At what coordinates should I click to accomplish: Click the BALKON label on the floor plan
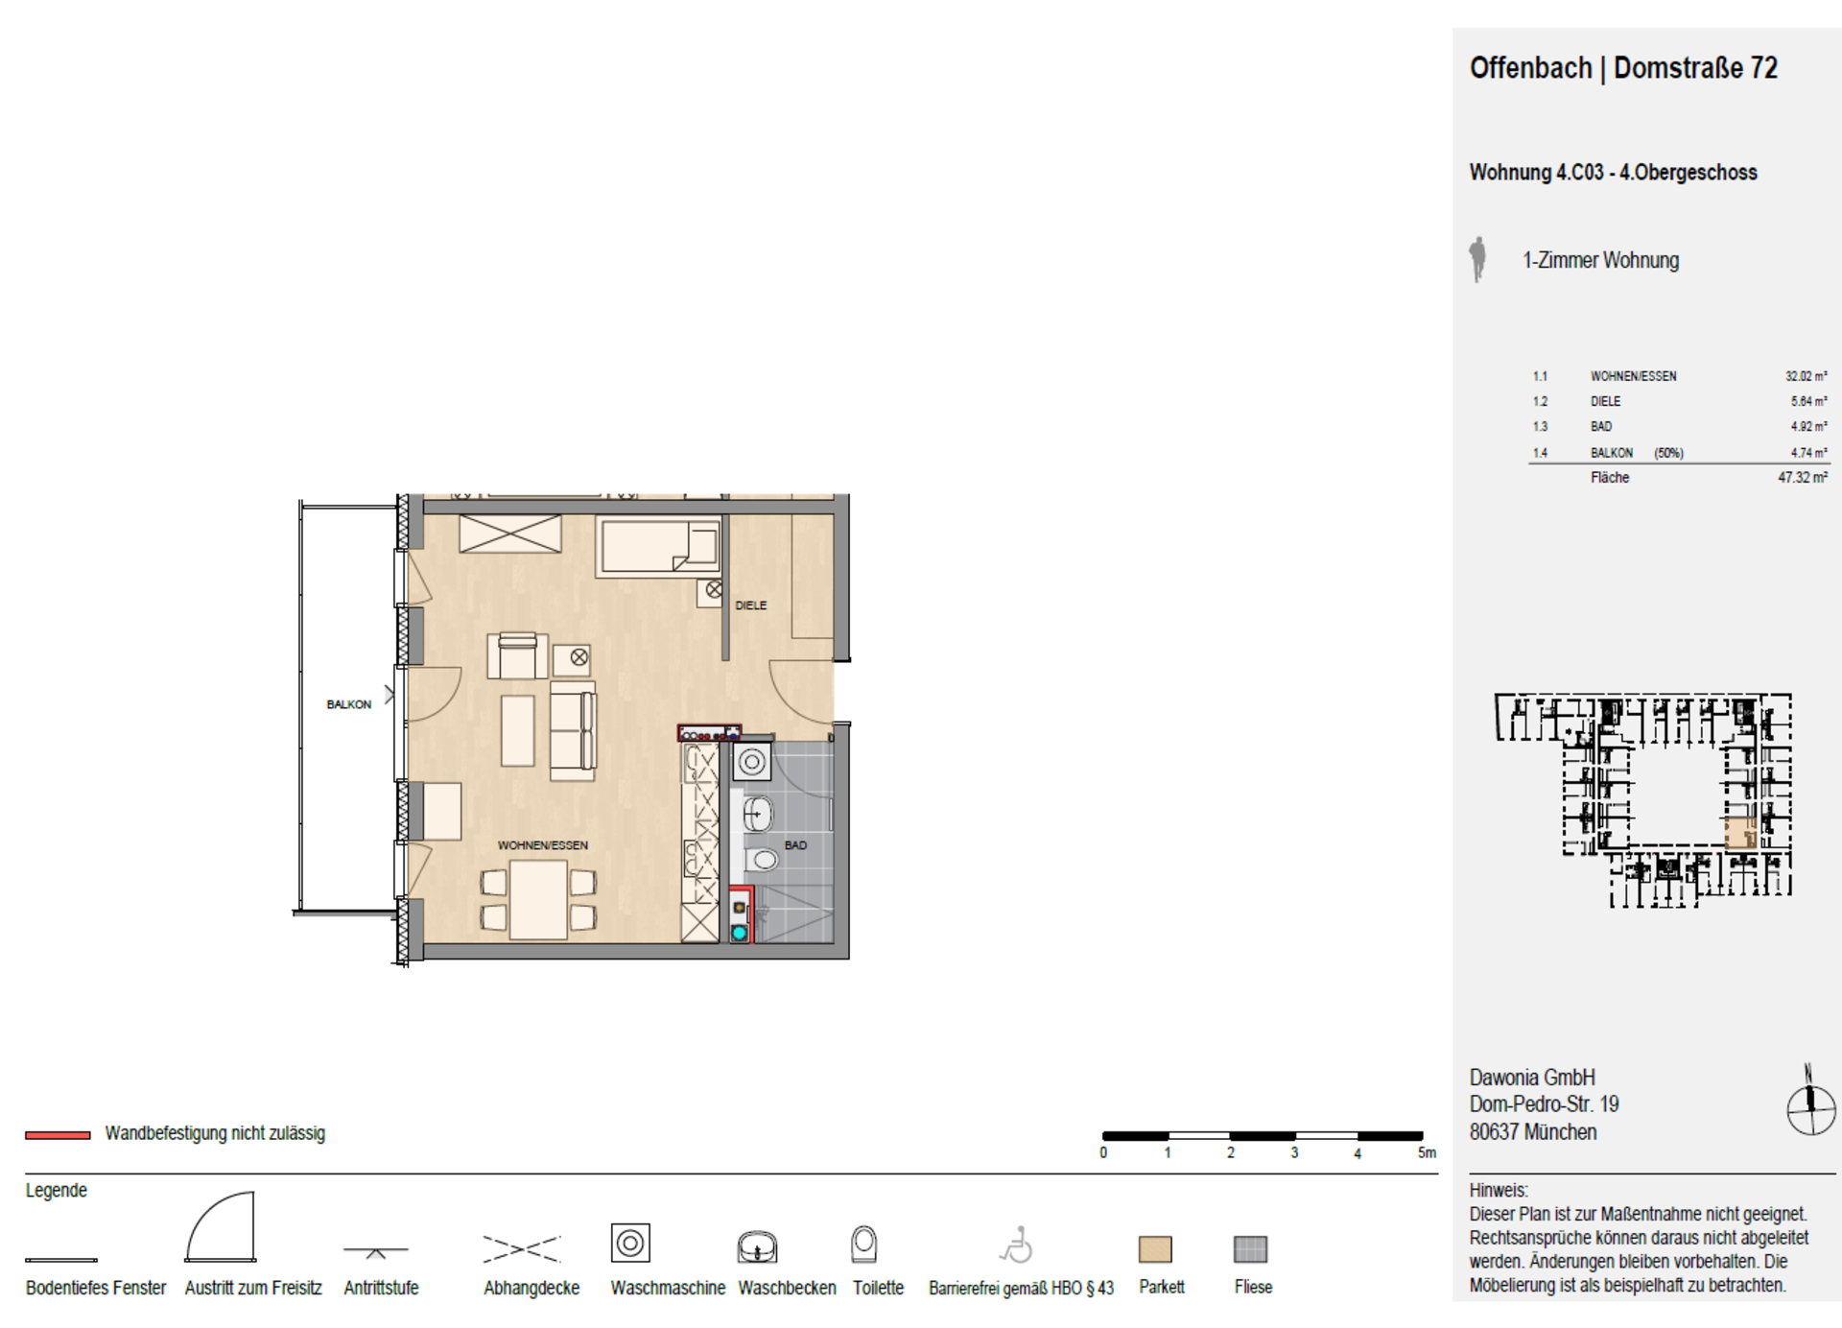point(348,704)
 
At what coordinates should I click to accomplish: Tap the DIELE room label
point(751,605)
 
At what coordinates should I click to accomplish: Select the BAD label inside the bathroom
point(795,845)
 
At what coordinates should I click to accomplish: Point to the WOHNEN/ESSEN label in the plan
point(543,845)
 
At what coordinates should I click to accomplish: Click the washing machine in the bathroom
point(752,763)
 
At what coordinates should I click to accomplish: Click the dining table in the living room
point(538,900)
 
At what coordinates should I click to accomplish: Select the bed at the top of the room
point(658,547)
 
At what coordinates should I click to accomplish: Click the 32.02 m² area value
point(1806,376)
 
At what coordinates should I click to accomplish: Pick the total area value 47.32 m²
point(1803,477)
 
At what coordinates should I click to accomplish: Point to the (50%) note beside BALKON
point(1668,453)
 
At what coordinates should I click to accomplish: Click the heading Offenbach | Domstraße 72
point(1623,68)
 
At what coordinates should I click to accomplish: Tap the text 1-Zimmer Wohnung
point(1600,260)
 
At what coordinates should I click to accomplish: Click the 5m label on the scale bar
point(1428,1152)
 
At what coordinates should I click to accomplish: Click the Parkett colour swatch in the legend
point(1155,1248)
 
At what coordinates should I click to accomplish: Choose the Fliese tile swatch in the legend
point(1250,1248)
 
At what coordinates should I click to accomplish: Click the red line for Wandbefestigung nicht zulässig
point(58,1135)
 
